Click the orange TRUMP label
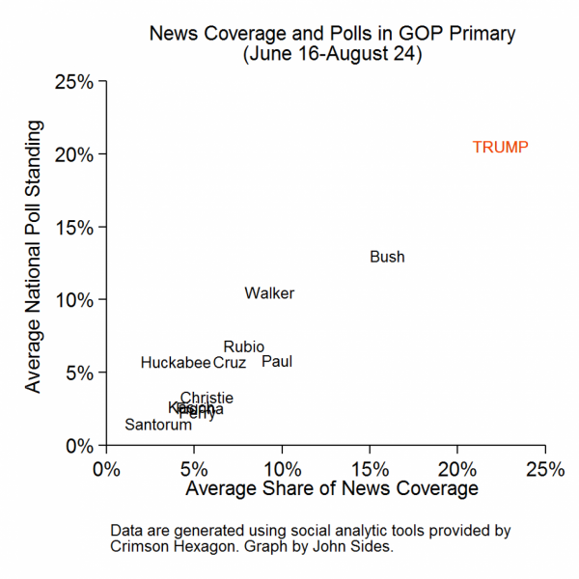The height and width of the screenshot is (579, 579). [x=500, y=147]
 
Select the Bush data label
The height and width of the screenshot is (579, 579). [x=387, y=257]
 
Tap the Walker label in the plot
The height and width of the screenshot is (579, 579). [x=269, y=293]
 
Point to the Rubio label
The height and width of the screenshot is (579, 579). [x=243, y=346]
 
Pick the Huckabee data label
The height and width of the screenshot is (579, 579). [x=175, y=363]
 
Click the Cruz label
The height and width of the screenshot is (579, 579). [x=230, y=363]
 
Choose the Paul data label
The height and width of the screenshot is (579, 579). [x=277, y=362]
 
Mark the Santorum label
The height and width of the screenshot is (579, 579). [x=158, y=425]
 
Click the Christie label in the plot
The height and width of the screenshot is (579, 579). [x=207, y=398]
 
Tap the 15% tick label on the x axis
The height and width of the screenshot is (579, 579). [x=370, y=470]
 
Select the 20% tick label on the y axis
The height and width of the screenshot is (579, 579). [x=74, y=154]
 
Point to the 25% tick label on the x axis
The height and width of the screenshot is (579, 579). [x=545, y=470]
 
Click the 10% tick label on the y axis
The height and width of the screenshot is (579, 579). [x=74, y=300]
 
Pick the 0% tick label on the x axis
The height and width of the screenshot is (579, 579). [x=106, y=470]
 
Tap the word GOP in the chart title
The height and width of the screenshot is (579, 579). [x=404, y=34]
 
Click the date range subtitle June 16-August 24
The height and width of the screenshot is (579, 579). [x=332, y=54]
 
